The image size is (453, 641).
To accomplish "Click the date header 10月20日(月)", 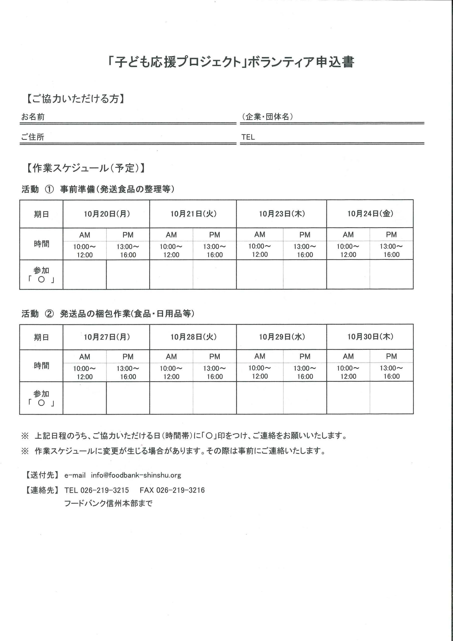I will point(107,214).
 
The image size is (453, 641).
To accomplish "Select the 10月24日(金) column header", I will point(370,214).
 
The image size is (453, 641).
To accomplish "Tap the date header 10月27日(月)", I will point(107,337).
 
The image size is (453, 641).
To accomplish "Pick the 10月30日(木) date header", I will point(370,337).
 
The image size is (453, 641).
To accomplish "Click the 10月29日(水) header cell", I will point(282,337).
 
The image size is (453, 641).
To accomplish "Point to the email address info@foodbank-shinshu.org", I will point(136,475).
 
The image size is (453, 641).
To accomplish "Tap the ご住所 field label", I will point(33,137).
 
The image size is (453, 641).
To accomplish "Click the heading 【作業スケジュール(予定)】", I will point(85,168).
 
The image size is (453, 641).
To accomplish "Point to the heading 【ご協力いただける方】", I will point(75,99).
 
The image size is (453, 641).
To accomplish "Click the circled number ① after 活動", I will point(49,189).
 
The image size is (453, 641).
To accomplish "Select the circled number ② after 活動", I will point(49,314).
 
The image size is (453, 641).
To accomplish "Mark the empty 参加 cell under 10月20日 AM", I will point(85,274).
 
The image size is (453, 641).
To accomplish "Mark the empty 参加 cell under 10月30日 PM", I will point(391,398).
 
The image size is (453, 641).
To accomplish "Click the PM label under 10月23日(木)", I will point(305,235).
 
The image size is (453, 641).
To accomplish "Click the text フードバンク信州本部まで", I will point(108,504).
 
